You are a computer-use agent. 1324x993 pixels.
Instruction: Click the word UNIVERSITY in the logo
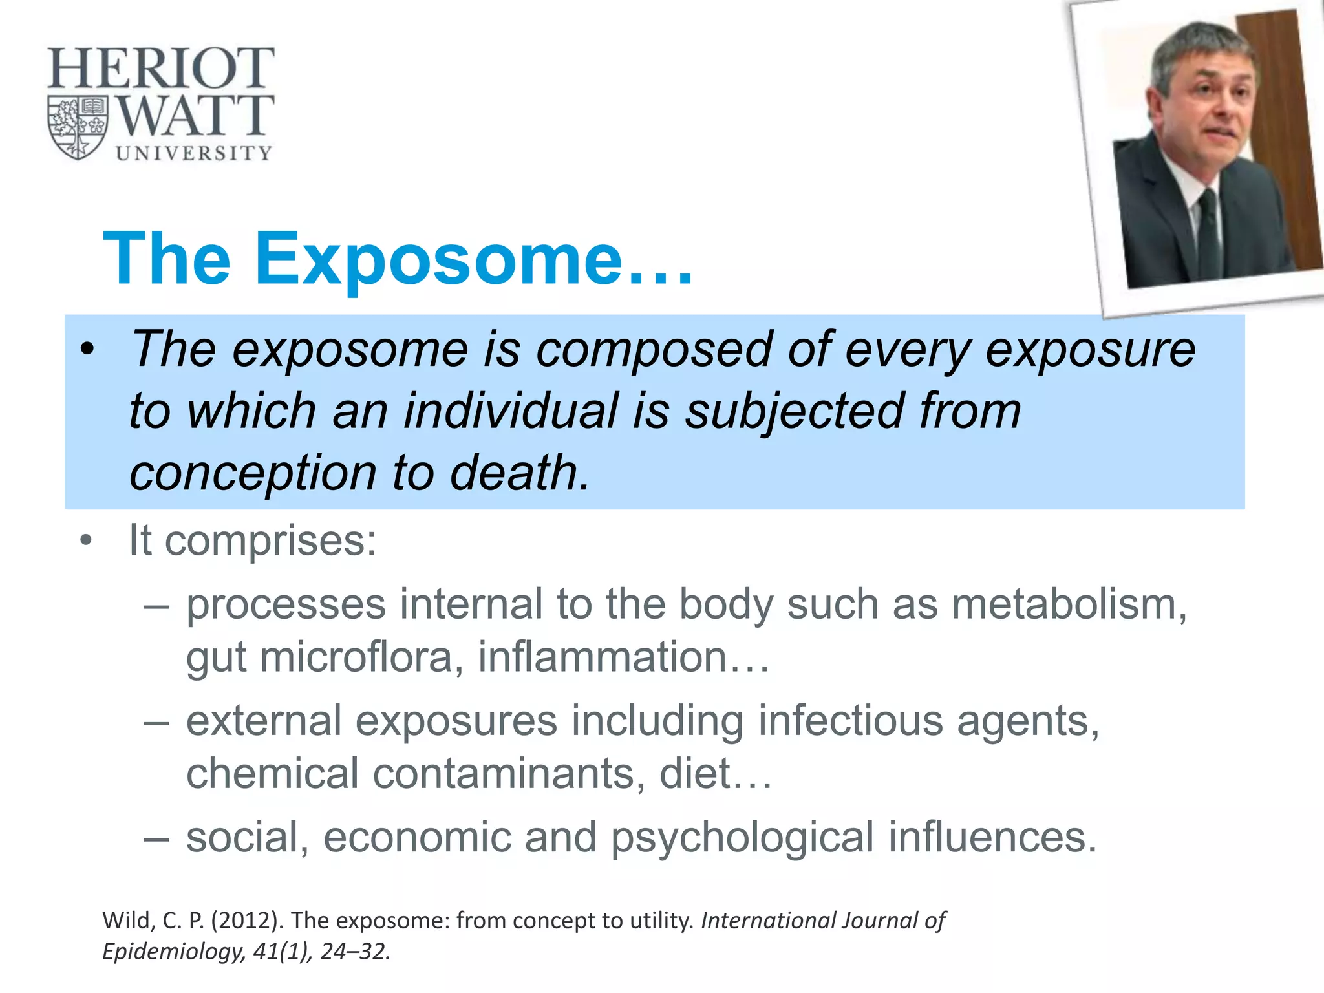[x=193, y=153]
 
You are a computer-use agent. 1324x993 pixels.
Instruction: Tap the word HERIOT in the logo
[x=161, y=69]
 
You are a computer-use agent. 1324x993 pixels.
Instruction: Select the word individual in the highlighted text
[x=510, y=411]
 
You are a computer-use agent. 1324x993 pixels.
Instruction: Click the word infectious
[x=850, y=721]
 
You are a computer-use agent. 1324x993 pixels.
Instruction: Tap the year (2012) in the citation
[x=246, y=921]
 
